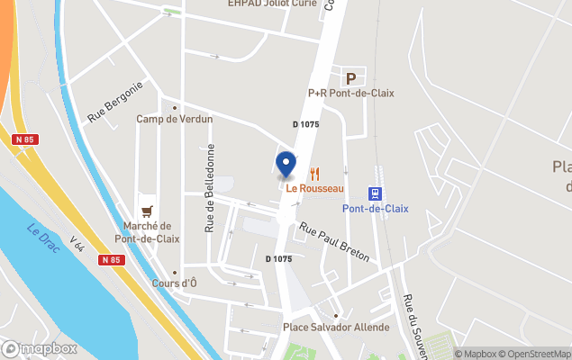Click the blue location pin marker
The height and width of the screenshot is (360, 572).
tap(286, 165)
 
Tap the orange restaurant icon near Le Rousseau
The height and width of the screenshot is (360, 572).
tap(315, 173)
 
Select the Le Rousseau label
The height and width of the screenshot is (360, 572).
tap(315, 188)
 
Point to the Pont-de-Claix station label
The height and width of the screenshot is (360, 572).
tap(375, 209)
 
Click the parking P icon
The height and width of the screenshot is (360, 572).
tap(350, 77)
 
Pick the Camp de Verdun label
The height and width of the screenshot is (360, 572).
tap(174, 119)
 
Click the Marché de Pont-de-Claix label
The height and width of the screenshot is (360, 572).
tap(147, 232)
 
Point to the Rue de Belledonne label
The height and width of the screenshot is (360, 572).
tap(210, 187)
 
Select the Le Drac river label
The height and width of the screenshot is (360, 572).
tap(43, 237)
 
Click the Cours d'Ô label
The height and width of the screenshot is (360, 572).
tap(176, 284)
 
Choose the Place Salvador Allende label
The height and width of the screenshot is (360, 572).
tap(336, 328)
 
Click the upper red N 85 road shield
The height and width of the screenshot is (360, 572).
tap(24, 139)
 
